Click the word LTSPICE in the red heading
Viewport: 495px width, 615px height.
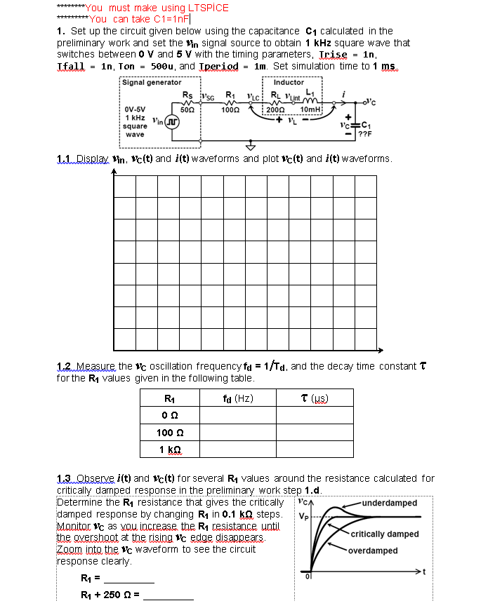(204, 8)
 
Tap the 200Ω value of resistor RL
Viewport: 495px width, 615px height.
(278, 109)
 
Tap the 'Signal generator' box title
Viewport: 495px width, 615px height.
(152, 83)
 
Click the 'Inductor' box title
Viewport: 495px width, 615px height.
(289, 83)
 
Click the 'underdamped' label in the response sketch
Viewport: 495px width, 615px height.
(391, 503)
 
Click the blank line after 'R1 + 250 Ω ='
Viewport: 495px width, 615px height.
(169, 598)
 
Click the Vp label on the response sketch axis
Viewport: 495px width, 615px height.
(302, 518)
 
